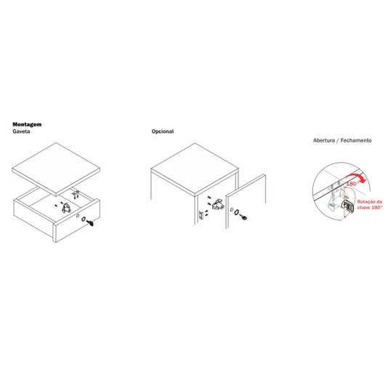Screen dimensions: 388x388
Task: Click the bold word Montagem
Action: click(27, 124)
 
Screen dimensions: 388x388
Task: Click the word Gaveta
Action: click(21, 132)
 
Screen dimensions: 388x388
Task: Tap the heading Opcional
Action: click(163, 132)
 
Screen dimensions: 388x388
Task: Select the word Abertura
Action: click(324, 140)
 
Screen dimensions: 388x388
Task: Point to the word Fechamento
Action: click(356, 140)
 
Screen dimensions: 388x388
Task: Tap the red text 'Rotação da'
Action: click(370, 202)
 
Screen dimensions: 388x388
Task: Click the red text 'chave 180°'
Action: click(370, 207)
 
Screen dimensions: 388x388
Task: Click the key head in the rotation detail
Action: click(349, 206)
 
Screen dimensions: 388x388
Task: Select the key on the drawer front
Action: click(90, 223)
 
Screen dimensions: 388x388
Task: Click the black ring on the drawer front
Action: click(84, 219)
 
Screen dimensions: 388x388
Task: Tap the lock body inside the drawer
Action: click(66, 208)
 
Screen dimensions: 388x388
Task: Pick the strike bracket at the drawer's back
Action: click(76, 193)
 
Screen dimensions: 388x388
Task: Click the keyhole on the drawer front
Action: click(78, 216)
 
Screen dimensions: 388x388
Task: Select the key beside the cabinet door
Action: click(243, 217)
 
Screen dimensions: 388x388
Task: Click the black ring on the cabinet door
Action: click(237, 212)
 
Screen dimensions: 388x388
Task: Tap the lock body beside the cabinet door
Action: click(218, 205)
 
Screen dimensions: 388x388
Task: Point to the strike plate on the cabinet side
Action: click(201, 216)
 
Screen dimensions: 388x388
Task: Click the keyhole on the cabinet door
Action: click(231, 209)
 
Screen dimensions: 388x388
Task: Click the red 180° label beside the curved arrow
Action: click(352, 184)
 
